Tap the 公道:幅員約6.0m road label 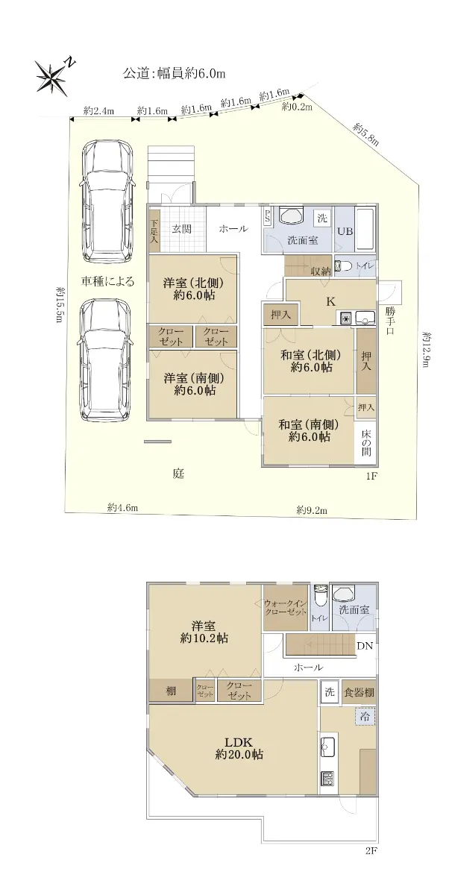pyautogui.click(x=174, y=73)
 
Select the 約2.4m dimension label pyautogui.click(x=98, y=110)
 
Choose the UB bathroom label pyautogui.click(x=345, y=231)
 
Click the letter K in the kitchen pyautogui.click(x=330, y=301)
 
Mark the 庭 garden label pyautogui.click(x=178, y=474)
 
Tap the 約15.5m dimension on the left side pyautogui.click(x=60, y=304)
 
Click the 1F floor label pyautogui.click(x=371, y=476)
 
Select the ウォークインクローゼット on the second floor pyautogui.click(x=286, y=607)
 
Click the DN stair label pyautogui.click(x=365, y=646)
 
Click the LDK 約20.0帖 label pyautogui.click(x=239, y=748)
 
